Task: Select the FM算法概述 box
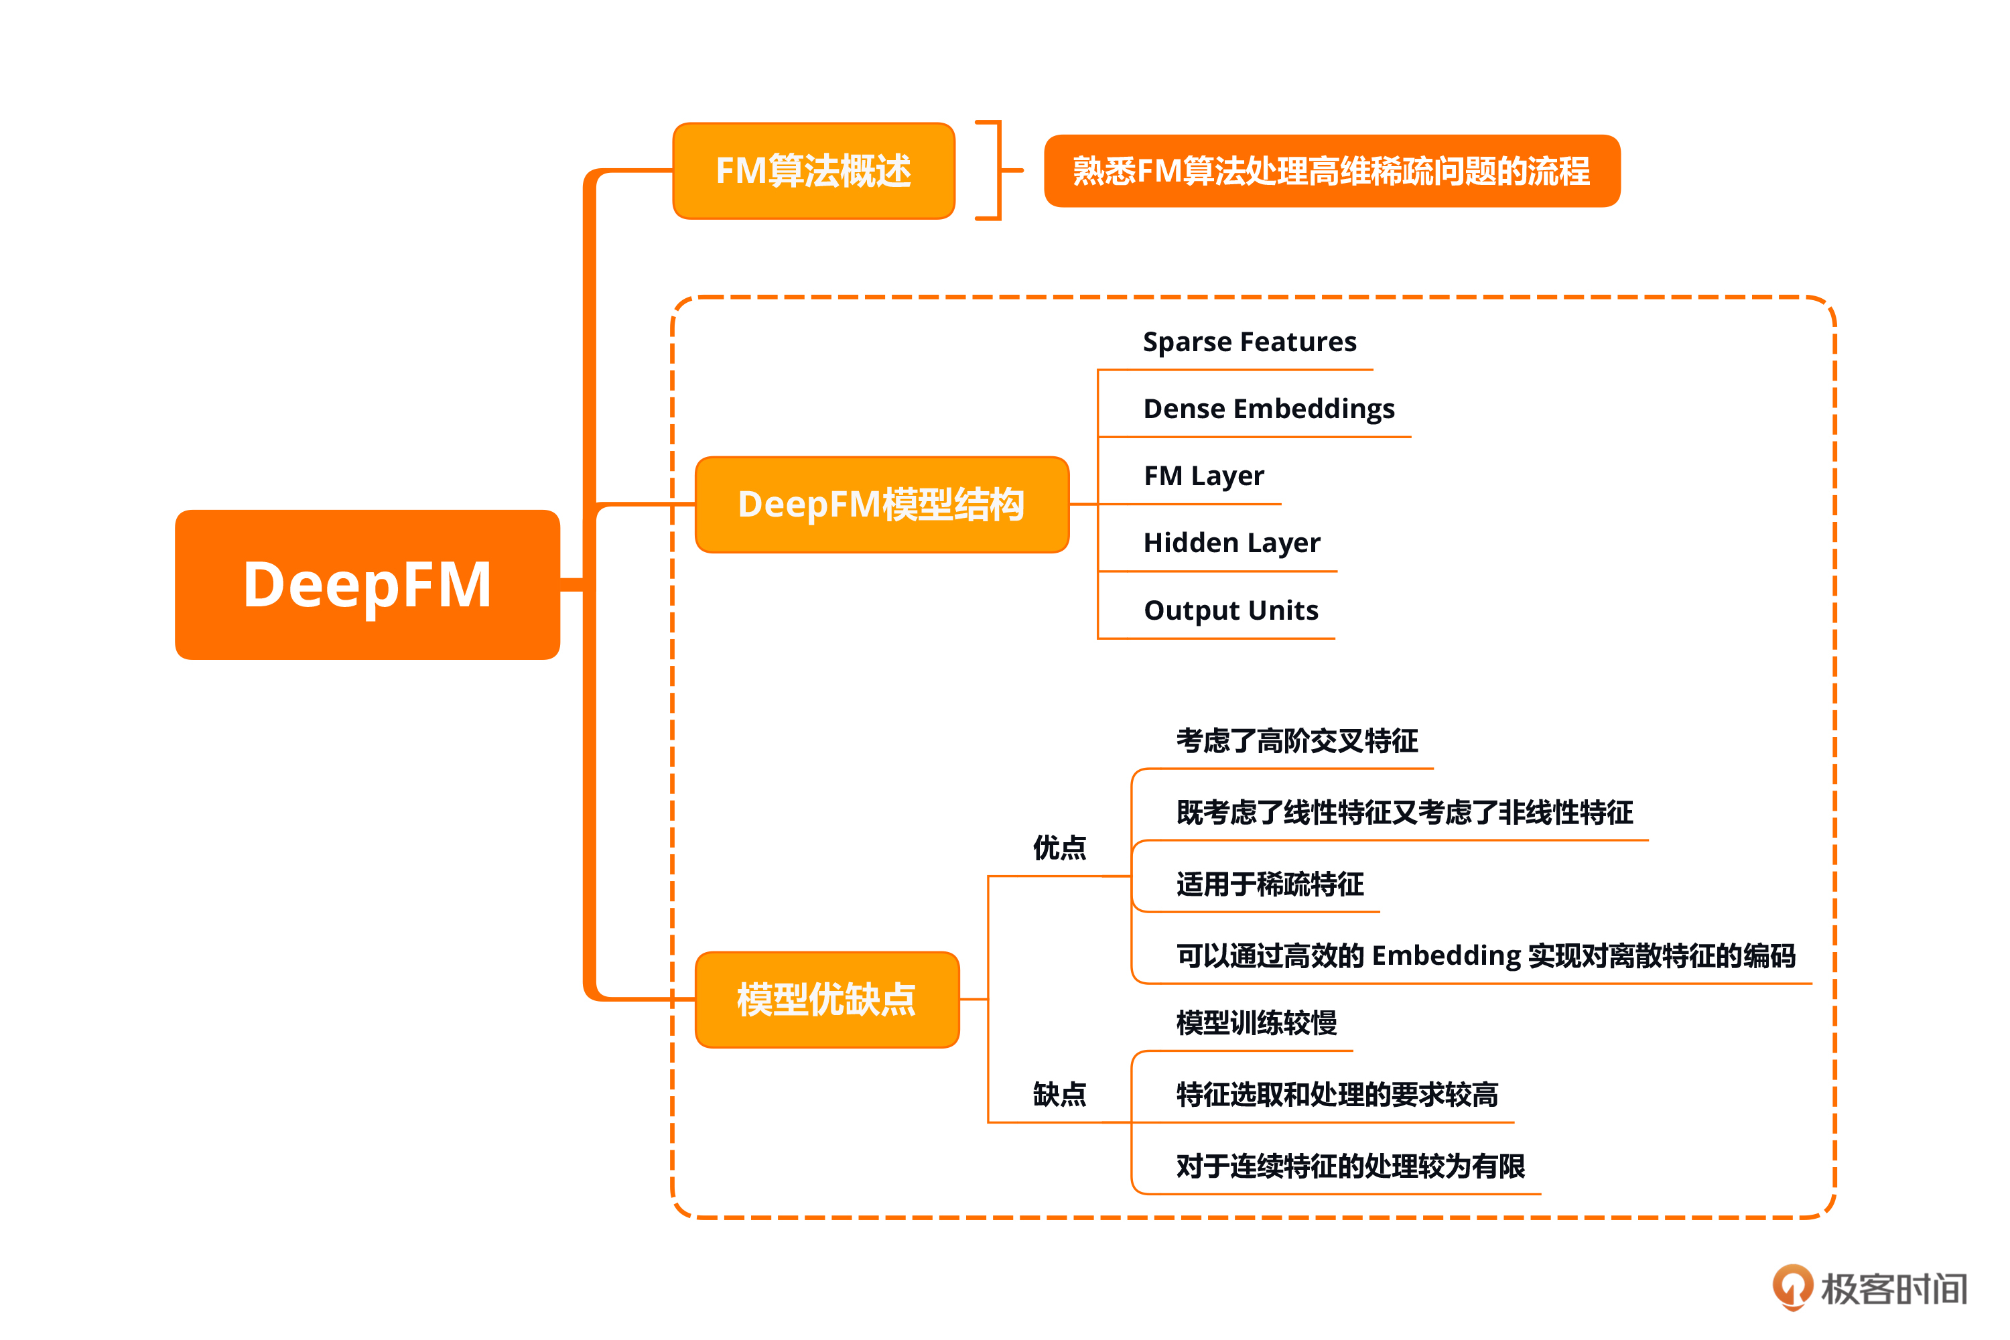pyautogui.click(x=813, y=171)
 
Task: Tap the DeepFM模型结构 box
pyautogui.click(x=882, y=505)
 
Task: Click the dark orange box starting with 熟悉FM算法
pyautogui.click(x=1331, y=171)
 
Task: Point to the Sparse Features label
pyautogui.click(x=1250, y=342)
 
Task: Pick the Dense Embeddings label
pyautogui.click(x=1269, y=409)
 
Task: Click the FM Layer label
pyautogui.click(x=1203, y=475)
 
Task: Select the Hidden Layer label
pyautogui.click(x=1231, y=543)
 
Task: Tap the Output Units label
pyautogui.click(x=1231, y=610)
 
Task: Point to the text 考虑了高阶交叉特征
pyautogui.click(x=1297, y=740)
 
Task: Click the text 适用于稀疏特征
pyautogui.click(x=1270, y=884)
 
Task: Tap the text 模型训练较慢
pyautogui.click(x=1256, y=1022)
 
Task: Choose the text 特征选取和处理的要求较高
pyautogui.click(x=1337, y=1094)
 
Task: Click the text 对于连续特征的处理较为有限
pyautogui.click(x=1350, y=1166)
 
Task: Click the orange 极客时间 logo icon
pyautogui.click(x=1792, y=1286)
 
